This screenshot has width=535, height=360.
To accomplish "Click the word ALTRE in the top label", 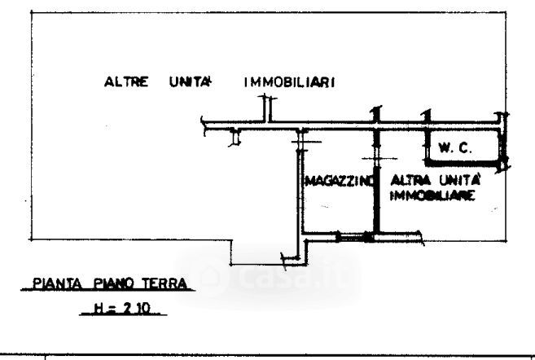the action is [125, 82].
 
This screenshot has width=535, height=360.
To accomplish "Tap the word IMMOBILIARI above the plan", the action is [291, 82].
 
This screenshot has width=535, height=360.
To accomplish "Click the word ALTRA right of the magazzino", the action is [406, 180].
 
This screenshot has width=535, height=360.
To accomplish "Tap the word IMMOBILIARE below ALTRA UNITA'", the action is [432, 195].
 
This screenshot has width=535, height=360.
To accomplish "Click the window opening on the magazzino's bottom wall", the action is [351, 237].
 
